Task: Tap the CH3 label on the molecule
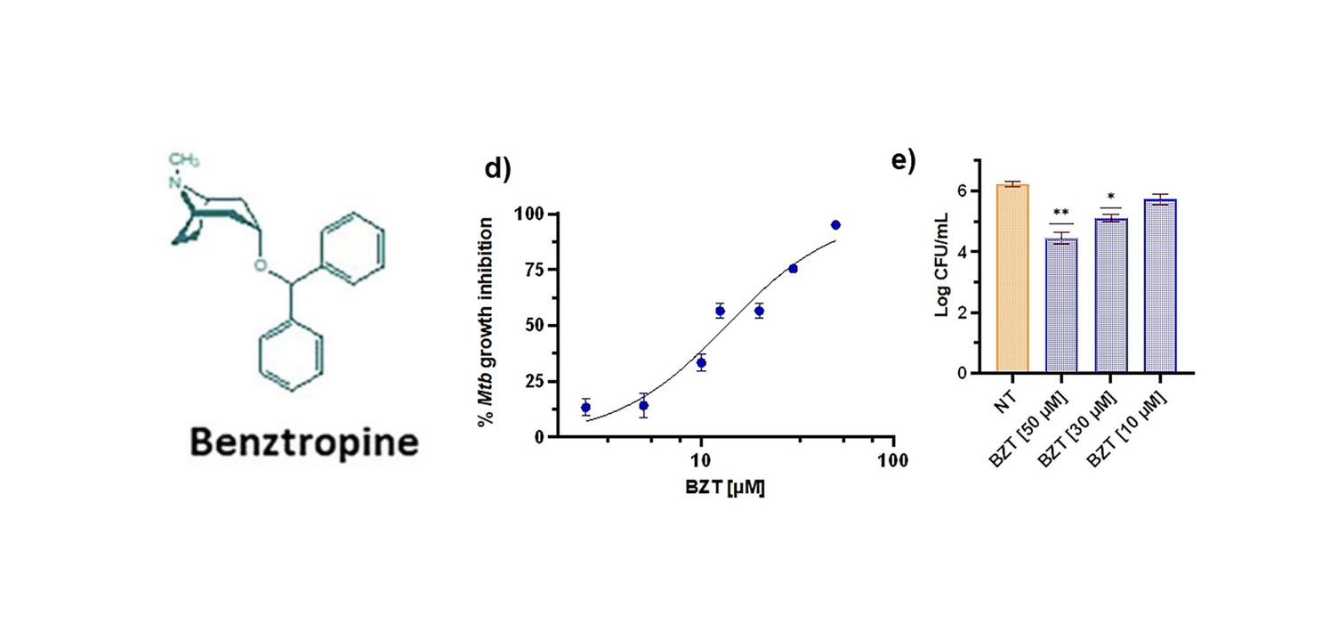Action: pyautogui.click(x=184, y=159)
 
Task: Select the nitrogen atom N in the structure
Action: pyautogui.click(x=176, y=184)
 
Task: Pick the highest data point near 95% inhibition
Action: pyautogui.click(x=835, y=225)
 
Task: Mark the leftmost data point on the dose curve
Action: pyautogui.click(x=585, y=408)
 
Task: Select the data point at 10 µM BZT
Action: pyautogui.click(x=701, y=363)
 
